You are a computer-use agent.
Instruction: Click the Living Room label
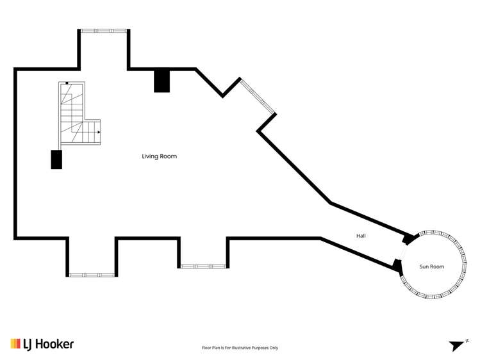click(159, 156)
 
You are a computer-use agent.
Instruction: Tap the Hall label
click(361, 236)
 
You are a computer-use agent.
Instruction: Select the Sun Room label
click(432, 266)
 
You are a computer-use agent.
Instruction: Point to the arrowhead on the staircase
click(98, 133)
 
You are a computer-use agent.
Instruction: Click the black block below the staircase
click(56, 160)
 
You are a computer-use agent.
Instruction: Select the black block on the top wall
click(162, 81)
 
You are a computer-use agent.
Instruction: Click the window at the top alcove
click(103, 31)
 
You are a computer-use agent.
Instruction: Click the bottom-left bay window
click(91, 275)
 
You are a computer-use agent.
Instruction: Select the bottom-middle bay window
click(203, 266)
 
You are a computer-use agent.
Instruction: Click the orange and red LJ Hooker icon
click(15, 344)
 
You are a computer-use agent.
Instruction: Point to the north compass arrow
click(457, 345)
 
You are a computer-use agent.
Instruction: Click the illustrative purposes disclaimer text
click(240, 348)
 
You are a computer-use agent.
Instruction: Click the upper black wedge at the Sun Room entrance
click(407, 239)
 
